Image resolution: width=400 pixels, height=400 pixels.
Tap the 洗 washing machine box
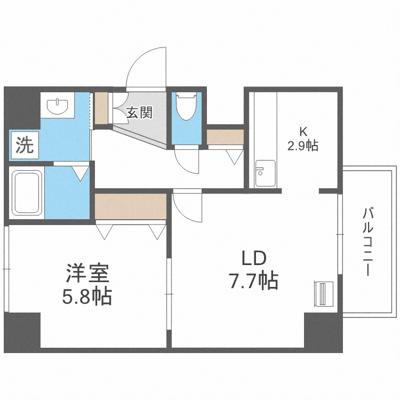23,146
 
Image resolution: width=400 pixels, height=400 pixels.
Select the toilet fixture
187,108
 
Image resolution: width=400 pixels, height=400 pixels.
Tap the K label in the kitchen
302,131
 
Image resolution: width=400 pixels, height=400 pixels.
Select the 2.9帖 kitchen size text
302,145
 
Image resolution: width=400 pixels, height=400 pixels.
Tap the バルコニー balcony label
367,243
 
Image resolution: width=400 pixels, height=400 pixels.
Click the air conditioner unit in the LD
323,294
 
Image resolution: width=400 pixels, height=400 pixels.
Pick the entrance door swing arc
145,67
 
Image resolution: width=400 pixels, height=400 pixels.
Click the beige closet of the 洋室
130,206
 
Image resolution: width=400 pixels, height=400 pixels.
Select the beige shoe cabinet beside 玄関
101,109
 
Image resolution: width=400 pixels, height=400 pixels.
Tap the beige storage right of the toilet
225,137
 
